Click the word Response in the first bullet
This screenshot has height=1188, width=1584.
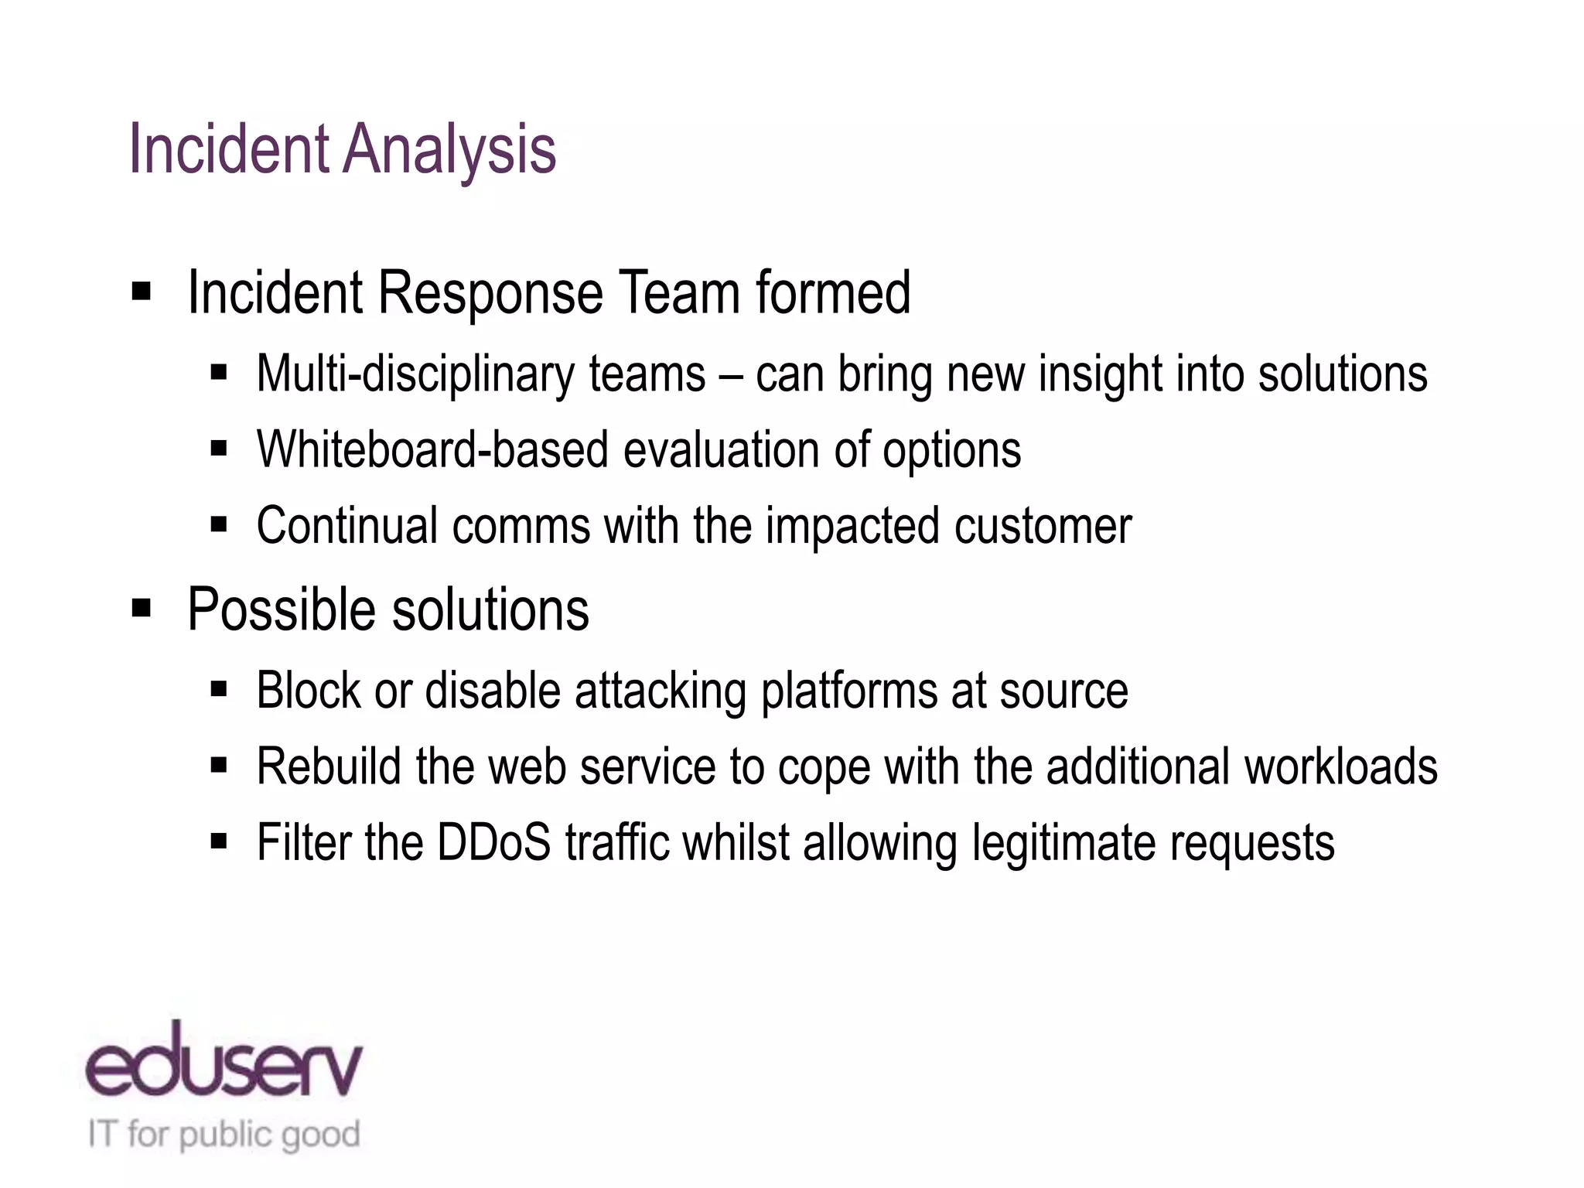click(x=490, y=294)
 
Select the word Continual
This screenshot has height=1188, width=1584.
click(x=347, y=526)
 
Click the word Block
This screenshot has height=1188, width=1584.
click(x=308, y=690)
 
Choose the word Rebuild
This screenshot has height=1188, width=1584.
click(x=329, y=766)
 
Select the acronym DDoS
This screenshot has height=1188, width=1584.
click(x=493, y=842)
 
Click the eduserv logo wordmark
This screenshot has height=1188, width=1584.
click(x=224, y=1063)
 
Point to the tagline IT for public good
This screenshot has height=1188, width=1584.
click(x=224, y=1135)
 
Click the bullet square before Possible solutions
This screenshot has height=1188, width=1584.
click(x=142, y=608)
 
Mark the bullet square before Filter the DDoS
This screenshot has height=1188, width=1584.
click(x=219, y=841)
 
